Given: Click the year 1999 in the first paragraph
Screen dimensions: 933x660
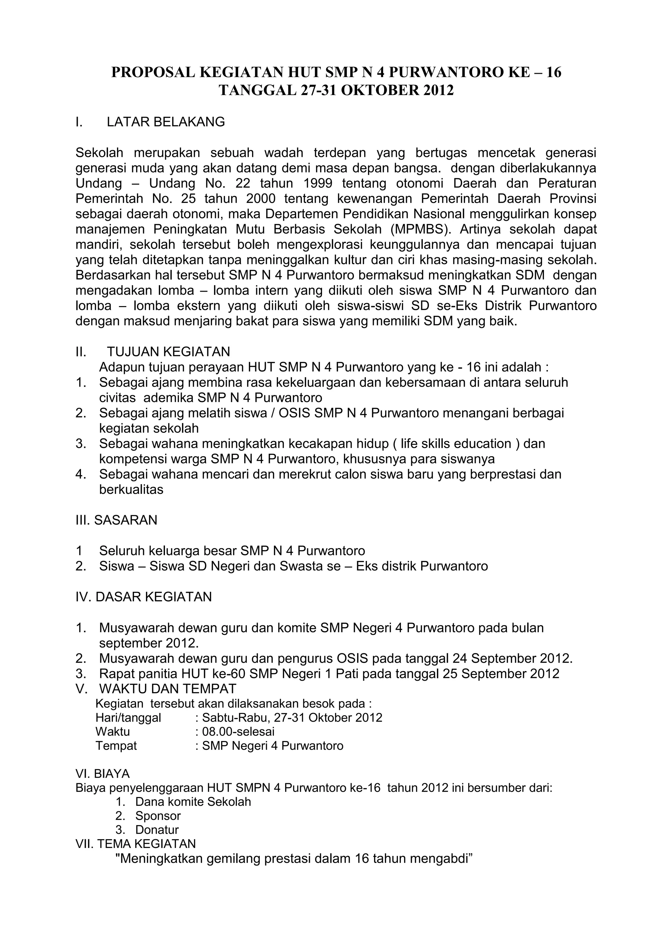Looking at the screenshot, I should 318,183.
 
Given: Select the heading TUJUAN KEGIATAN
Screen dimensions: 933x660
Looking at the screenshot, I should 168,351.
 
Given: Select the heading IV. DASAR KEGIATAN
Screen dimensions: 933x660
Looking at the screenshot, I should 143,597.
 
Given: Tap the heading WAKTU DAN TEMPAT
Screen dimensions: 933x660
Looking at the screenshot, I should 168,689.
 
